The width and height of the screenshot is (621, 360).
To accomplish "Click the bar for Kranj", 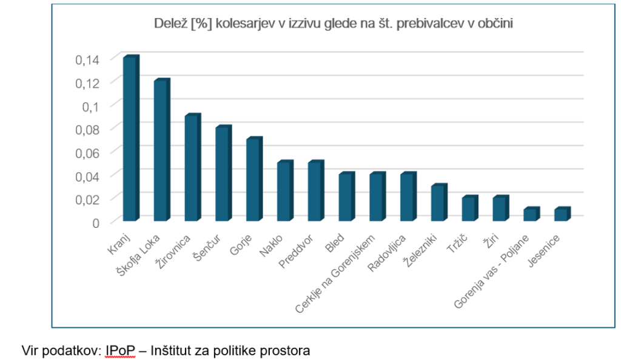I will coord(130,139).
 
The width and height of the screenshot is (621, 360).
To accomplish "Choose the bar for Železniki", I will coord(438,203).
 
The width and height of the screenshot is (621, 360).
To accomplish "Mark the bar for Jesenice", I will coord(561,215).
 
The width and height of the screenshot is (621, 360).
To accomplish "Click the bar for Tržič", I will coord(469,209).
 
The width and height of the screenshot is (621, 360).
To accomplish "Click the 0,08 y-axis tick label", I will coord(87,129).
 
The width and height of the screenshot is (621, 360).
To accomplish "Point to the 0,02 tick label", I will coord(87,199).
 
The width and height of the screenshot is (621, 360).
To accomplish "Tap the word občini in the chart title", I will coord(497,24).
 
